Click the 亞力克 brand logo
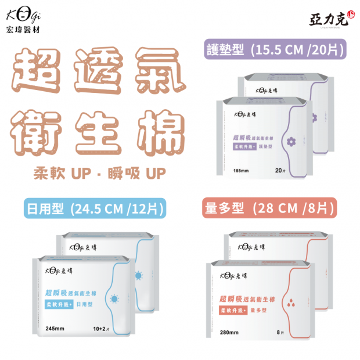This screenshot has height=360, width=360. [330, 17]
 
